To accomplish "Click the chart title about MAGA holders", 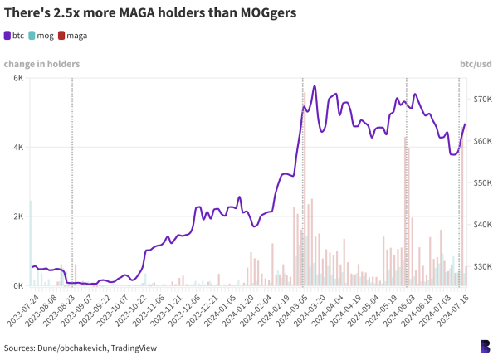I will tap(150, 14).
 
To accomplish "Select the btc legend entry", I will tap(14, 36).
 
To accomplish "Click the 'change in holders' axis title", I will tap(41, 64).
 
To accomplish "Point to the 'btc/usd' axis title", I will tap(476, 64).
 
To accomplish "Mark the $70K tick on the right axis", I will tap(480, 99).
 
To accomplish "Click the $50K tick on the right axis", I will tap(480, 182).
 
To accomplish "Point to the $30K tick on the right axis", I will tap(480, 266).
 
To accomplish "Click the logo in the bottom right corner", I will tap(484, 346).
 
